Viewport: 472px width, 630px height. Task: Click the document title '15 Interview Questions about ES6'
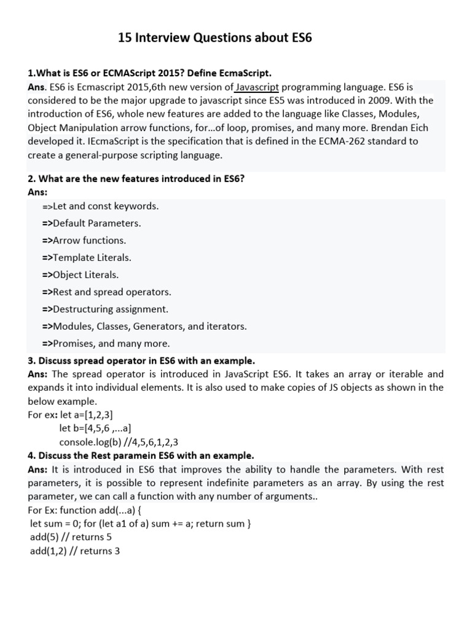pos(215,38)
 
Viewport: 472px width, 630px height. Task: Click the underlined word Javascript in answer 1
pos(258,87)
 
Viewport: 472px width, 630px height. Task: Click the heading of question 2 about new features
pos(137,179)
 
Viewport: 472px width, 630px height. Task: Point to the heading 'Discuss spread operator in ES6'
pos(141,360)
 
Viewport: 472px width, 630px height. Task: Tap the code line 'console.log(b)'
pos(119,442)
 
